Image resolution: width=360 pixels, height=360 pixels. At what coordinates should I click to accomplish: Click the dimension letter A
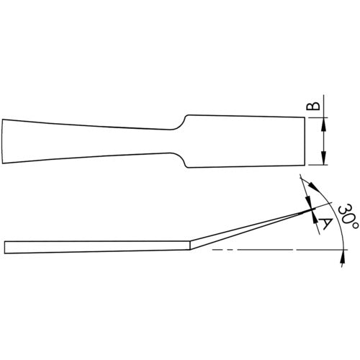pyautogui.click(x=323, y=225)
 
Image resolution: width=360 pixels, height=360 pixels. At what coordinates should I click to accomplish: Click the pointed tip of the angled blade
pyautogui.click(x=315, y=209)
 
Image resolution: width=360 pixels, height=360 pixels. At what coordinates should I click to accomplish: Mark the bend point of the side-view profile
pyautogui.click(x=189, y=246)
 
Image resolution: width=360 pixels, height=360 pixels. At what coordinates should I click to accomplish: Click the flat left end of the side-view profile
pyautogui.click(x=5, y=246)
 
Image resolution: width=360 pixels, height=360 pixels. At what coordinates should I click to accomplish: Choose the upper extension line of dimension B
pyautogui.click(x=317, y=117)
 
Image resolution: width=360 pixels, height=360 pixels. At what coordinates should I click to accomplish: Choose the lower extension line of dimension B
pyautogui.click(x=317, y=166)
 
